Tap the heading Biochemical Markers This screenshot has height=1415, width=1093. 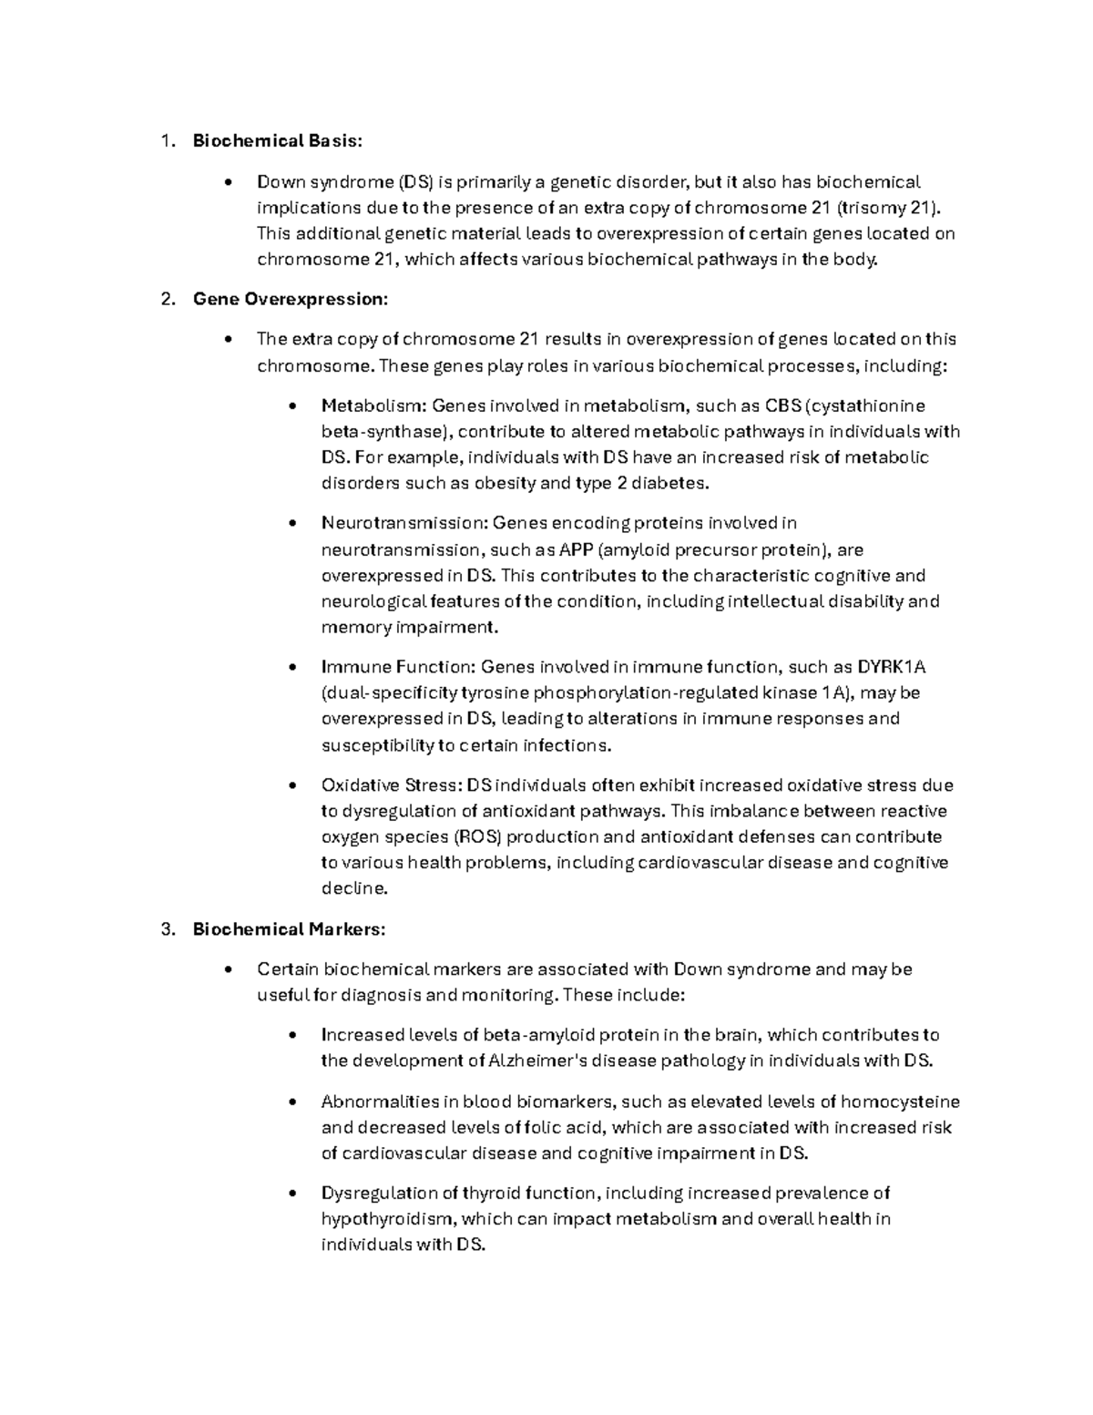(289, 929)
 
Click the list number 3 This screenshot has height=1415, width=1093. (166, 929)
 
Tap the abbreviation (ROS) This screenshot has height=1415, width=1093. (477, 836)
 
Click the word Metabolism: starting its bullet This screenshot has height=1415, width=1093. (374, 405)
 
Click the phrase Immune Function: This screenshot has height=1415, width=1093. (398, 667)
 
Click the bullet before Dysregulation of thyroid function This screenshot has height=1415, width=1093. (292, 1194)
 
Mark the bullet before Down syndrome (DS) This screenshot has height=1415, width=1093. (229, 182)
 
